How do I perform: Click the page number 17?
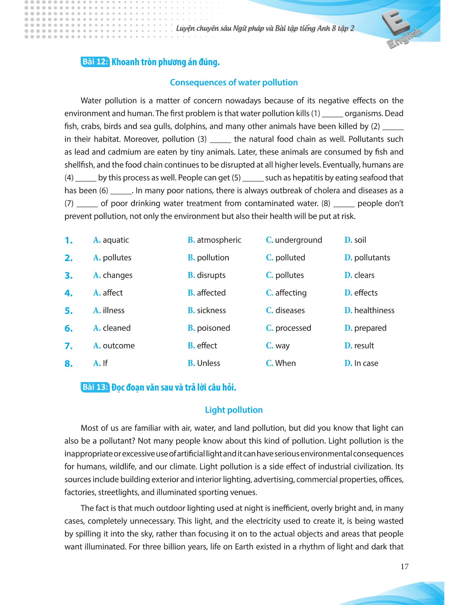[404, 566]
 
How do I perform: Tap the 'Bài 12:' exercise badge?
[95, 62]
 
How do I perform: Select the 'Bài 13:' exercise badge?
[95, 387]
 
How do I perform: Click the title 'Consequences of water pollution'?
[234, 82]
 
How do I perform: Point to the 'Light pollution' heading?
[234, 410]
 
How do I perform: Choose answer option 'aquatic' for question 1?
[116, 240]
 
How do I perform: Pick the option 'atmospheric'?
[219, 240]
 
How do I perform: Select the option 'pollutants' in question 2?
[372, 258]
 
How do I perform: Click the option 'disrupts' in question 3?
[211, 275]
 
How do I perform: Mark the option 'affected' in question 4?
[211, 293]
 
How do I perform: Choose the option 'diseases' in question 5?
[290, 310]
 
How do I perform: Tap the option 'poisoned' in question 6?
[213, 328]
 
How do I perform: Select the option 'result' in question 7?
[364, 346]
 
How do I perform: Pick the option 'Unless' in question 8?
[208, 363]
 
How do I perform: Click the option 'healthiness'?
[374, 310]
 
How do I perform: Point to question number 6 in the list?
[69, 329]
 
